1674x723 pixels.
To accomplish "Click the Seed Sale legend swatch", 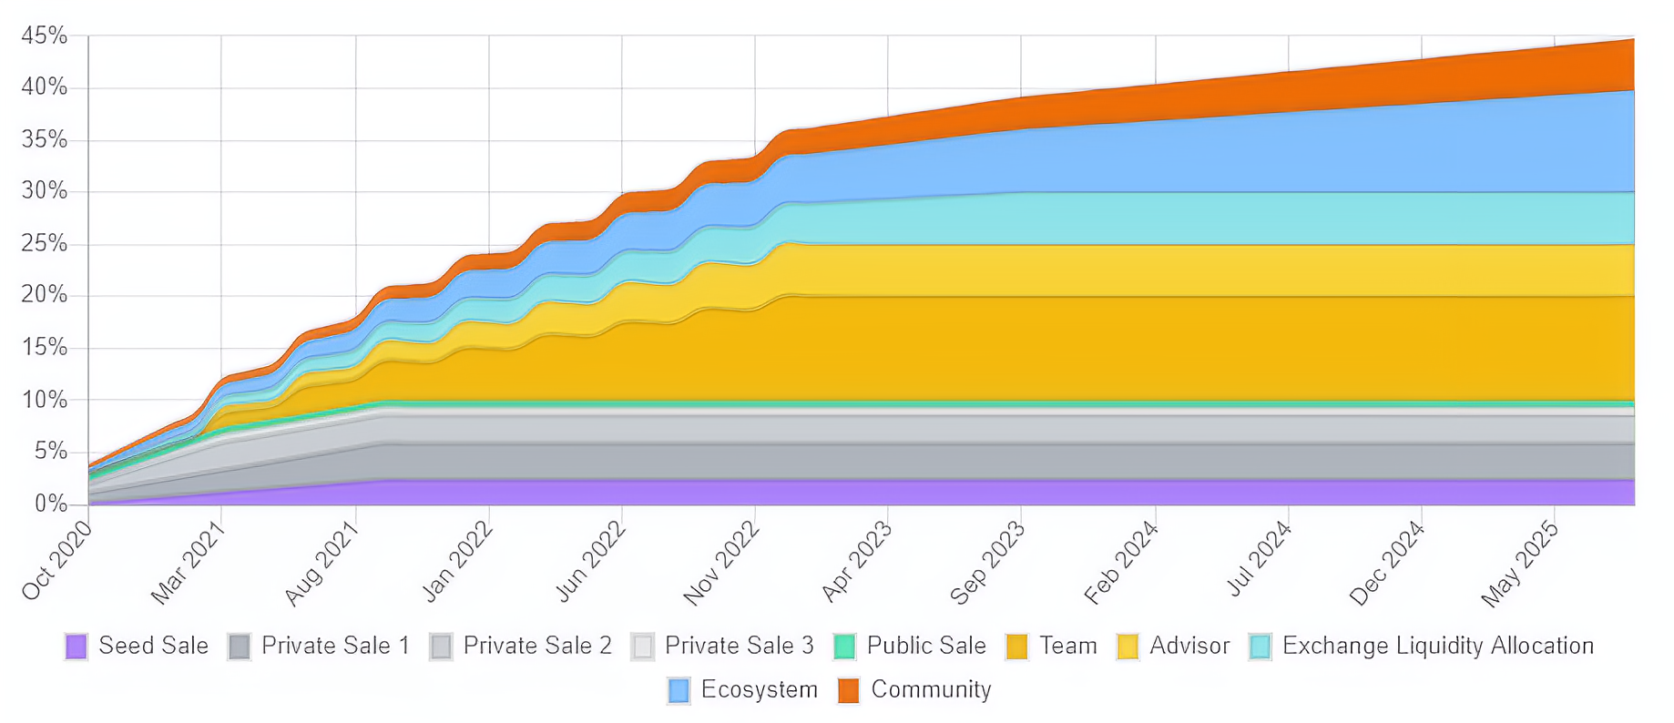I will [77, 647].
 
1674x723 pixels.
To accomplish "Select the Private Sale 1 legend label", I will [335, 646].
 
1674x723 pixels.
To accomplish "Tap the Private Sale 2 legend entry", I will [536, 646].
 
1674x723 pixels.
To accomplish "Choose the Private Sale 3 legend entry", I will [739, 646].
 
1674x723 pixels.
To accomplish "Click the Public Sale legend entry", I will [925, 646].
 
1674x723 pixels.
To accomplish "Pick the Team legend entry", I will [1067, 646].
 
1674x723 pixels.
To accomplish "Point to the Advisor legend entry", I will [1189, 646].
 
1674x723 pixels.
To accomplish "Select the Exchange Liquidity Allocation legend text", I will [1437, 646].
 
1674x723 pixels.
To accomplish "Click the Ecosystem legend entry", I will [759, 689].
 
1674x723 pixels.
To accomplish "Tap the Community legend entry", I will [930, 689].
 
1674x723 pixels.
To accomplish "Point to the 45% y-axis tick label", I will [45, 36].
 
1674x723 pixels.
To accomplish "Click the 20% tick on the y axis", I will [45, 295].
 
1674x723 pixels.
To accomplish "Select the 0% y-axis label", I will [50, 504].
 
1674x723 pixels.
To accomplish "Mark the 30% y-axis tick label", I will [45, 191].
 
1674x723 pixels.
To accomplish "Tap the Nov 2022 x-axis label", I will [720, 563].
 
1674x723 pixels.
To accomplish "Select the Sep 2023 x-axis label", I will [987, 563].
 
